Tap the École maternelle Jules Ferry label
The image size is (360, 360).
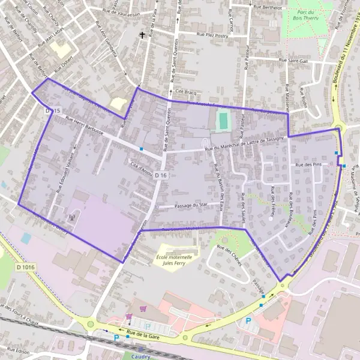(x=174, y=259)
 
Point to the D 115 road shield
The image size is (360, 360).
(x=53, y=112)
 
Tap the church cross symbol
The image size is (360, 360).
(x=142, y=35)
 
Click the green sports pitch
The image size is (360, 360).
(x=223, y=121)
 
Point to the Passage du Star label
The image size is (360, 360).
(x=190, y=206)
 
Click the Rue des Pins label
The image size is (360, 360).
(x=308, y=164)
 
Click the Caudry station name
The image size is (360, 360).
(x=140, y=356)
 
